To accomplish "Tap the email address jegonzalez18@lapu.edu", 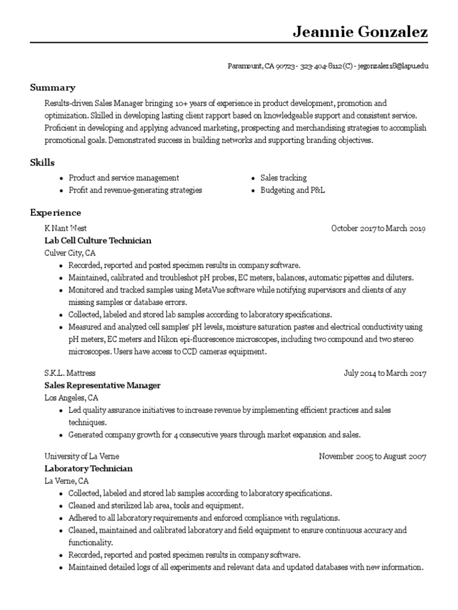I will [393, 66].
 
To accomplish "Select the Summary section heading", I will [52, 88].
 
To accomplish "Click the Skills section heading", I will [42, 163].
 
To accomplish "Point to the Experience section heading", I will [55, 213].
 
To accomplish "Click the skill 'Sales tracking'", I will [283, 178].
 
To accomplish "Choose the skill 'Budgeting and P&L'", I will [292, 190].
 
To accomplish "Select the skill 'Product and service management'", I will [123, 178].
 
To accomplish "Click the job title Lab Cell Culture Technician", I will [98, 241].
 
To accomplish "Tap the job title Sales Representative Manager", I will [102, 385].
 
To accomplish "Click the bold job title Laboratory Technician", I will [88, 469].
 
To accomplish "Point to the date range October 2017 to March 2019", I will [378, 228].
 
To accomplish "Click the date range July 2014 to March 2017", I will [385, 374].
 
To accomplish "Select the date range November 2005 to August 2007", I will [372, 457].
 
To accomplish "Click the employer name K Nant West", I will [66, 228].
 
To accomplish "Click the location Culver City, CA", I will [70, 253].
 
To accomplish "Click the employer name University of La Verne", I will [81, 457].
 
